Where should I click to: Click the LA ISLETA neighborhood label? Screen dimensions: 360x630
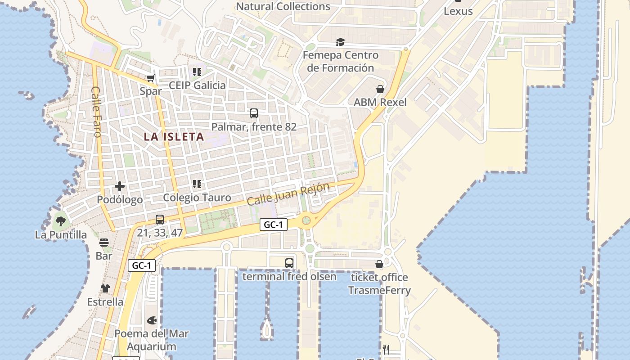click(174, 137)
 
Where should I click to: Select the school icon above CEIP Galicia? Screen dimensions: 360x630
click(197, 72)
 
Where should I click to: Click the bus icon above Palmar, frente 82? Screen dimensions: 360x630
click(254, 113)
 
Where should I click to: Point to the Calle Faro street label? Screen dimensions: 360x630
click(96, 112)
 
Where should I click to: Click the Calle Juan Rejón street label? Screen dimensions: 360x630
click(288, 194)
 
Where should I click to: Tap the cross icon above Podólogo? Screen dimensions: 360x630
click(120, 186)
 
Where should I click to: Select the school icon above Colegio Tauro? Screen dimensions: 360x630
click(197, 184)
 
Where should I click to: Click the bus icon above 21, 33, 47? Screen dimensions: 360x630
click(160, 220)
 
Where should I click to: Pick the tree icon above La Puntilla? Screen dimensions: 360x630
click(61, 221)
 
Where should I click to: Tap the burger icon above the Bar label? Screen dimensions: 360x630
click(104, 243)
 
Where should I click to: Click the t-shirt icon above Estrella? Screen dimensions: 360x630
click(105, 288)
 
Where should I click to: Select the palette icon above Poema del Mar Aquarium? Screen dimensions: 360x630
click(152, 320)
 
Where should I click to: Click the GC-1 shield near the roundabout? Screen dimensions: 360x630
click(273, 225)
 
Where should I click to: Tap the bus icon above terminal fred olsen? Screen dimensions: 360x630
click(289, 263)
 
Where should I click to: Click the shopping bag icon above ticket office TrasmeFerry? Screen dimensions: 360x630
click(379, 264)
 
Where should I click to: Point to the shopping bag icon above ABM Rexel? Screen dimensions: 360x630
click(380, 89)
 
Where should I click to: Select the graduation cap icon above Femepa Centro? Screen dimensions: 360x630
click(340, 42)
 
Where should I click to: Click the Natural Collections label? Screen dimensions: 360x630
click(283, 7)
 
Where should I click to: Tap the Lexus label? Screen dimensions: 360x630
click(458, 11)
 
